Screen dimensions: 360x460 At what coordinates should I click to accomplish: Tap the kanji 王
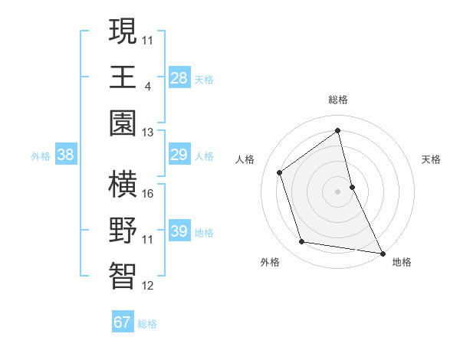point(123,77)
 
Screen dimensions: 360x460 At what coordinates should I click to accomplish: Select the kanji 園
point(123,123)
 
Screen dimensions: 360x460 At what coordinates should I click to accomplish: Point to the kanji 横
point(123,185)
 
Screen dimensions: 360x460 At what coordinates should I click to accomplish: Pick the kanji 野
point(123,231)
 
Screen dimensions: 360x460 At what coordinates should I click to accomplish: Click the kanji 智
point(123,277)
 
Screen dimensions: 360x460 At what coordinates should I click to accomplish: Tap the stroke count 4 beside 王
point(148,85)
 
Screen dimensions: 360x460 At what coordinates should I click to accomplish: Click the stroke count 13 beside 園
point(148,132)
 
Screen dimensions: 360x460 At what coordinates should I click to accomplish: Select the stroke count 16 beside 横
point(148,193)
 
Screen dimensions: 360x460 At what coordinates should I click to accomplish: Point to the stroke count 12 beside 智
point(148,286)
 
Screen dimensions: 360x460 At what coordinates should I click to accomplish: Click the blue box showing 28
point(179,77)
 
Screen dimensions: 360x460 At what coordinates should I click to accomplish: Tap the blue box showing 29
point(179,155)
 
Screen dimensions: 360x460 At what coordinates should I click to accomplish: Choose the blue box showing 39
point(179,231)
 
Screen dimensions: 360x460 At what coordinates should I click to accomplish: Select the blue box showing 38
point(66,155)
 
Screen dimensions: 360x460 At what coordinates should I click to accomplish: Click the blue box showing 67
point(123,322)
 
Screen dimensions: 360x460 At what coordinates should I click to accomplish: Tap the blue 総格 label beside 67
point(147,324)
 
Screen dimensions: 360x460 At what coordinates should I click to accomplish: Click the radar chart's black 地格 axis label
point(402,262)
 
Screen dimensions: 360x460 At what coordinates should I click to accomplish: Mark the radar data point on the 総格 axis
point(337,130)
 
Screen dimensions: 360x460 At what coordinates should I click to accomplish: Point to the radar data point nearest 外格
point(302,242)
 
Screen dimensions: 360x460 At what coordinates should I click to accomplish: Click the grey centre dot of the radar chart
point(337,191)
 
